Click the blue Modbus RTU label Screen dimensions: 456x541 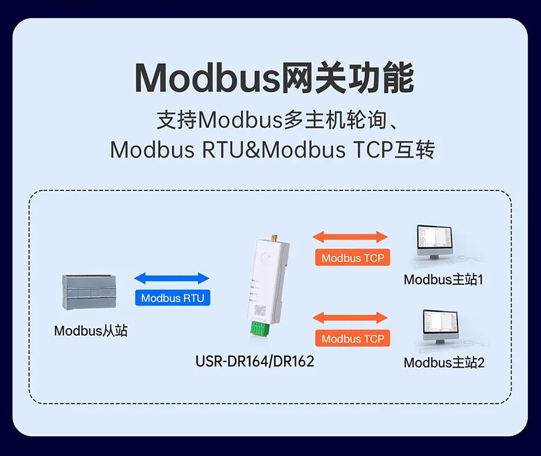click(173, 298)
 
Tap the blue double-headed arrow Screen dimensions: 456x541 click(172, 278)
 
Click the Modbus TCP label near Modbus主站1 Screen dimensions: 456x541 click(352, 258)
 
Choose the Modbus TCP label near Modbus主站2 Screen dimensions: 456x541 click(352, 339)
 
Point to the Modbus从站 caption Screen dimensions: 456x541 click(91, 330)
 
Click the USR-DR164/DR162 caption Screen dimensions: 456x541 click(255, 361)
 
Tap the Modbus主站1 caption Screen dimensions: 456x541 click(444, 279)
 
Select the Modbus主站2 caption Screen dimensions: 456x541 click(444, 362)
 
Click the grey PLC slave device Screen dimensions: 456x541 click(90, 293)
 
